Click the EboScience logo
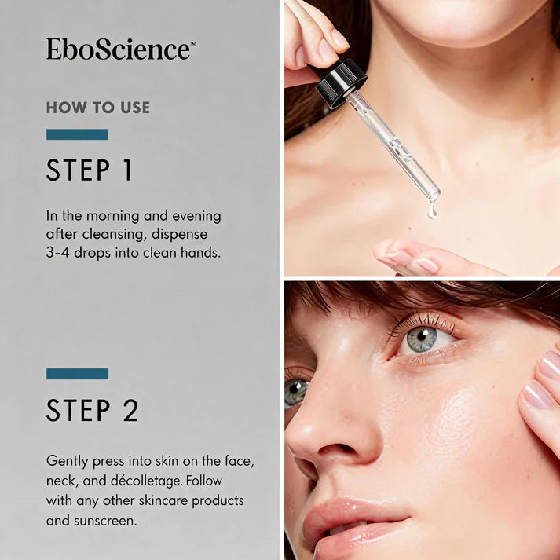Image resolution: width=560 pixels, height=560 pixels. [121, 49]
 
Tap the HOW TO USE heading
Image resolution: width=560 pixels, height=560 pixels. [98, 108]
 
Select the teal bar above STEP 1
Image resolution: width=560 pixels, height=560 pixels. [77, 134]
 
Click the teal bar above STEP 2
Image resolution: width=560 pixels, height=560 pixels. [77, 374]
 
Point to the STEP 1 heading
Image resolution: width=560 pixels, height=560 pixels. [90, 170]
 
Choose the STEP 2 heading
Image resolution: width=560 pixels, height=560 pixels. [92, 410]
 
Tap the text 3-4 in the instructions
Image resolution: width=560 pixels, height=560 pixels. [57, 253]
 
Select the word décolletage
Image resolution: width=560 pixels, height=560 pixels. [146, 481]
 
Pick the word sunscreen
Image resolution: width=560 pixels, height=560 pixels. [105, 521]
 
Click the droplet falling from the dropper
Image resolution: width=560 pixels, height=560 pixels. [432, 211]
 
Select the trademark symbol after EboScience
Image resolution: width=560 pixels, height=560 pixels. [193, 43]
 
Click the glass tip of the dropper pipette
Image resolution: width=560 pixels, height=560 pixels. [434, 196]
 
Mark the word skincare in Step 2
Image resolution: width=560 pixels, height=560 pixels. [163, 501]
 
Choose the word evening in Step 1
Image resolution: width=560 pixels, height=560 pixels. [196, 217]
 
